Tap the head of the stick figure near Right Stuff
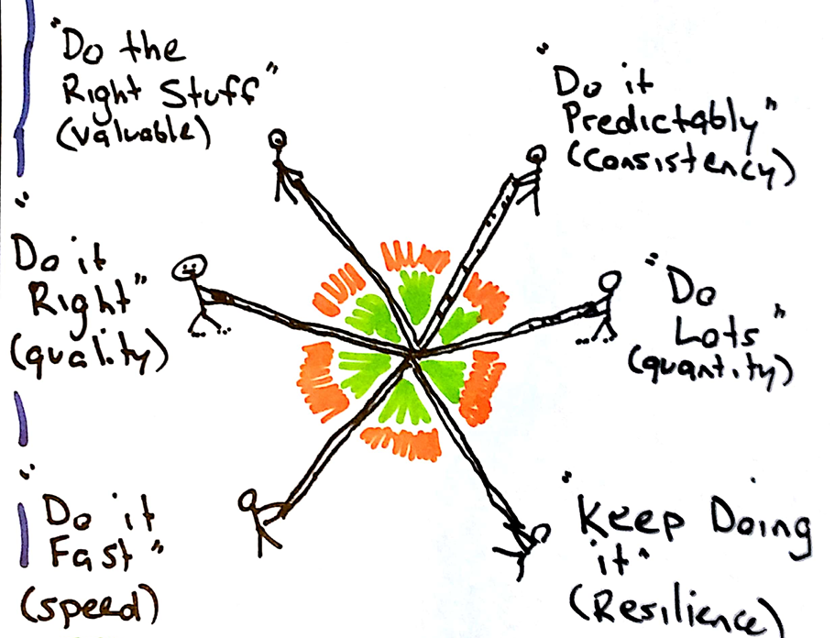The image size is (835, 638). pos(278,139)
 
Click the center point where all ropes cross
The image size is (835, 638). pos(412,353)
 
